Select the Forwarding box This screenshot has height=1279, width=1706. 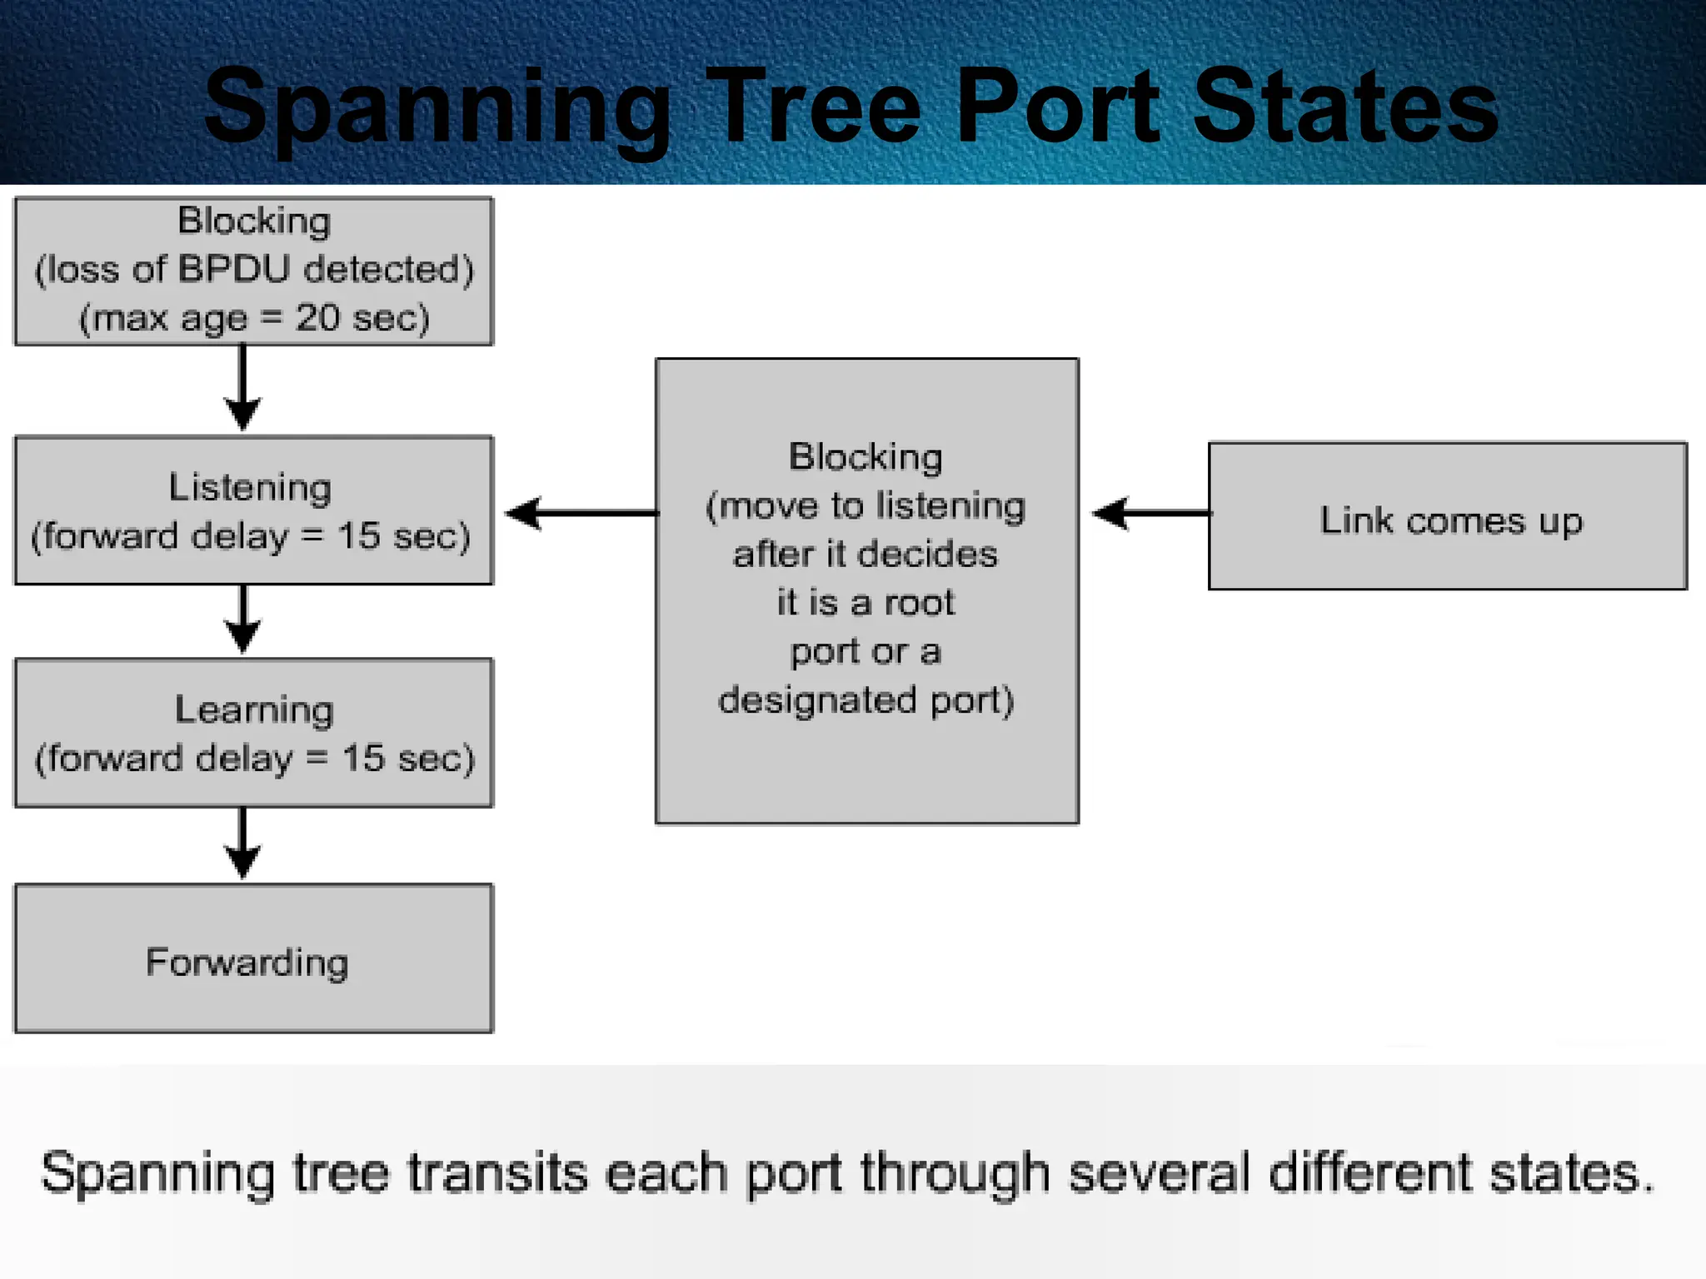(x=253, y=958)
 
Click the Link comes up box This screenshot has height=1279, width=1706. (x=1448, y=516)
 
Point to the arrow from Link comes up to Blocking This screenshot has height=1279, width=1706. (x=1150, y=513)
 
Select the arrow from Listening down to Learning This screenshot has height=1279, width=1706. (x=243, y=620)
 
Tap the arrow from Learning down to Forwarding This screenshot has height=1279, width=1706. (x=243, y=844)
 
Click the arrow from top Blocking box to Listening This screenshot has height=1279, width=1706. (x=243, y=387)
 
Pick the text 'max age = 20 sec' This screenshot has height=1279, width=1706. (x=254, y=319)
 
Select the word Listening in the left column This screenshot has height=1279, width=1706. (x=250, y=488)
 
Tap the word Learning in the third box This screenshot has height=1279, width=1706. (x=254, y=710)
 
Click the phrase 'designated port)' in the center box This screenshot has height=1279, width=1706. (x=866, y=700)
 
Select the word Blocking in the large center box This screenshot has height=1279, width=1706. (x=865, y=457)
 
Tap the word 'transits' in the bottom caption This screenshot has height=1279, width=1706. (x=497, y=1172)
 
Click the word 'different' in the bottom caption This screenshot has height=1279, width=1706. (x=1370, y=1172)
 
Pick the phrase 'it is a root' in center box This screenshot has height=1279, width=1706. (x=865, y=602)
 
